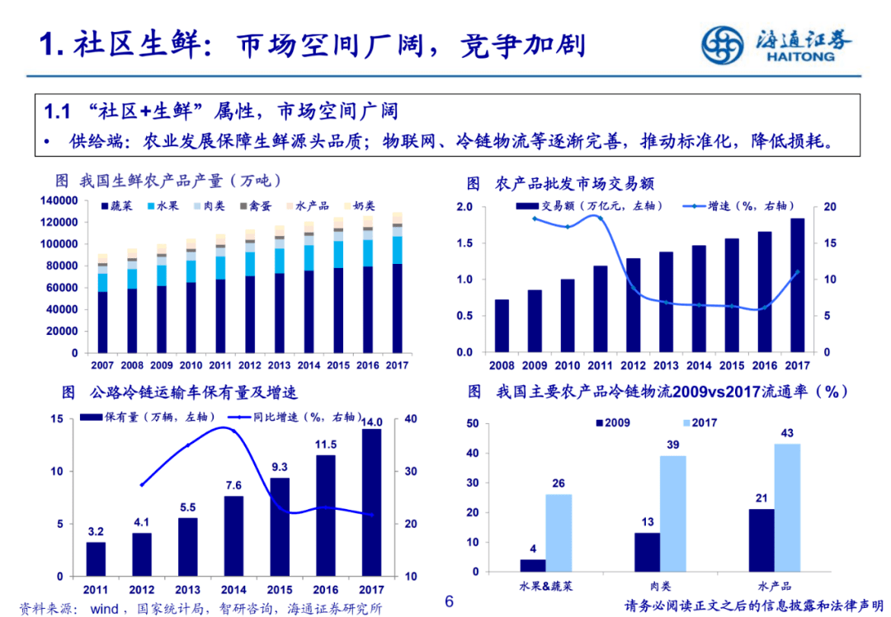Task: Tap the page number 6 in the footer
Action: pyautogui.click(x=449, y=601)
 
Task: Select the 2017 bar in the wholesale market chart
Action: pyautogui.click(x=798, y=285)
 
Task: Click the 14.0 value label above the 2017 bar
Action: pyautogui.click(x=371, y=422)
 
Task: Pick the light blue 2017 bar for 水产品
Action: pyautogui.click(x=787, y=507)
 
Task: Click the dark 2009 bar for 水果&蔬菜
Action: pyautogui.click(x=533, y=565)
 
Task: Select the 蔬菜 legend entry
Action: pyautogui.click(x=120, y=205)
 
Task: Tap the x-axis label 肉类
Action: pyautogui.click(x=660, y=586)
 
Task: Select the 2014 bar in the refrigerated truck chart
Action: pyautogui.click(x=233, y=535)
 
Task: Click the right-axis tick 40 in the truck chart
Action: pyautogui.click(x=410, y=419)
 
